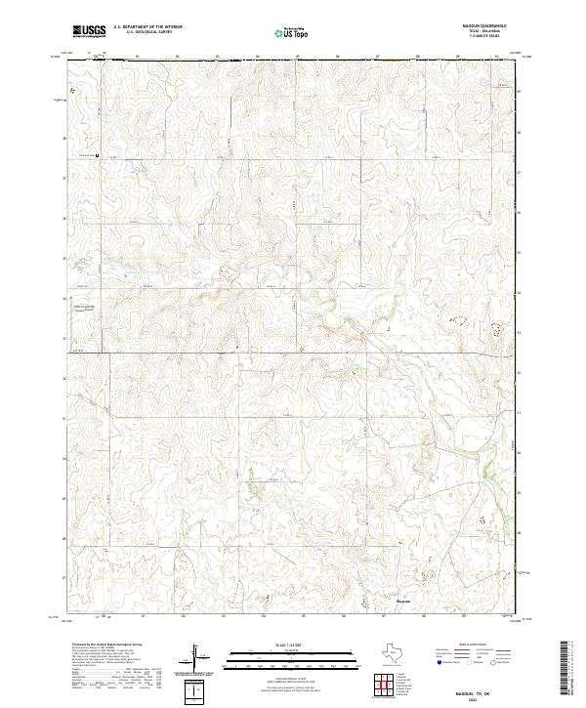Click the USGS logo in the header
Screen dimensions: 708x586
[88, 31]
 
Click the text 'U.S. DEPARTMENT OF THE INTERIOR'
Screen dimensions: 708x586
[147, 26]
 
